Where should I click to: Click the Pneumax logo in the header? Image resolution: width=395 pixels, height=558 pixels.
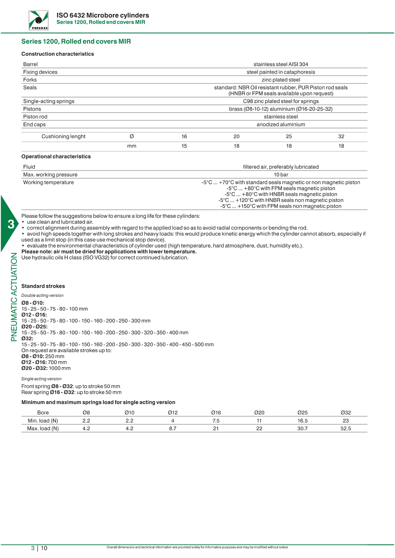pyautogui.click(x=39, y=20)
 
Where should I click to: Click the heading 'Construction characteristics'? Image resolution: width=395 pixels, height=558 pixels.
pyautogui.click(x=58, y=54)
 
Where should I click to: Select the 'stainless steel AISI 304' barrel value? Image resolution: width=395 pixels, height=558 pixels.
pyautogui.click(x=281, y=64)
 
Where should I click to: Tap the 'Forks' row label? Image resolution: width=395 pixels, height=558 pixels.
pyautogui.click(x=30, y=80)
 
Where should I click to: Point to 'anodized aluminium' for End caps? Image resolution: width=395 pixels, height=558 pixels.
pyautogui.click(x=281, y=125)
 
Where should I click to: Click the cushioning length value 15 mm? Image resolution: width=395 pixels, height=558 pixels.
pyautogui.click(x=184, y=146)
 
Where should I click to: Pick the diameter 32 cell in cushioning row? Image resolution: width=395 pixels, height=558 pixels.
pyautogui.click(x=341, y=136)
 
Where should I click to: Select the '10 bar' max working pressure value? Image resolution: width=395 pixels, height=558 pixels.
pyautogui.click(x=281, y=175)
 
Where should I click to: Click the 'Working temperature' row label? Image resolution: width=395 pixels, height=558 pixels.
pyautogui.click(x=48, y=183)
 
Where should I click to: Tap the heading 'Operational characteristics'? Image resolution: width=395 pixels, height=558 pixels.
pyautogui.click(x=56, y=157)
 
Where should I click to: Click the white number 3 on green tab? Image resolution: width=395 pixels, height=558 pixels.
pyautogui.click(x=11, y=224)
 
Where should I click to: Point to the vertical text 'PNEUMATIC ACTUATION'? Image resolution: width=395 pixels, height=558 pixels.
pyautogui.click(x=14, y=297)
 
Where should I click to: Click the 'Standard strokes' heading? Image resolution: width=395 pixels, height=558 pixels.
pyautogui.click(x=43, y=286)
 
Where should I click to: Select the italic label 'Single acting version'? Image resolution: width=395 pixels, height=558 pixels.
pyautogui.click(x=41, y=379)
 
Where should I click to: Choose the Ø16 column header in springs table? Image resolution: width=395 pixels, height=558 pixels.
pyautogui.click(x=216, y=413)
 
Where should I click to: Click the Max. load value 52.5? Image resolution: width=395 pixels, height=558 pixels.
pyautogui.click(x=346, y=429)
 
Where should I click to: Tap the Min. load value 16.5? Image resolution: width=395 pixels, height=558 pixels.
pyautogui.click(x=302, y=421)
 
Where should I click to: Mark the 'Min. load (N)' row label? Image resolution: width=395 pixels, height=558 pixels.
pyautogui.click(x=43, y=421)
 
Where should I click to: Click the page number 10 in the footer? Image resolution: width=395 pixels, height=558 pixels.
pyautogui.click(x=44, y=548)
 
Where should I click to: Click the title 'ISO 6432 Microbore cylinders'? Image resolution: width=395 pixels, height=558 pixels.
pyautogui.click(x=103, y=15)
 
